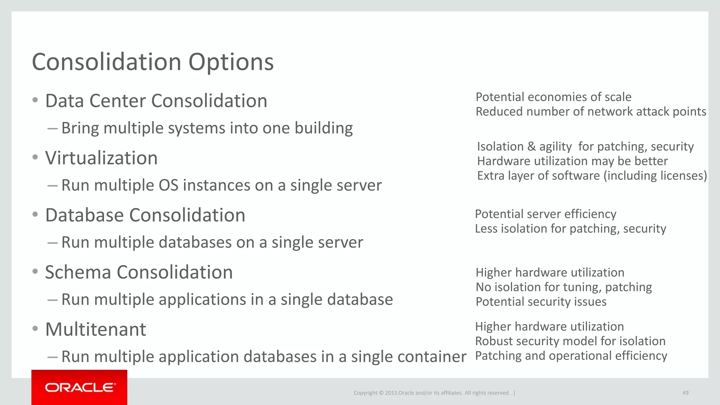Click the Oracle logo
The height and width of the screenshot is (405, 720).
coord(80,387)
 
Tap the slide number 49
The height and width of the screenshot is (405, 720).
coord(685,393)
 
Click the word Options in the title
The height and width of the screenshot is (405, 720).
coord(231,62)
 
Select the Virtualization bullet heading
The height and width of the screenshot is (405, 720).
coord(101,158)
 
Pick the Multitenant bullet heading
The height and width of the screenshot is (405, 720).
coord(96,329)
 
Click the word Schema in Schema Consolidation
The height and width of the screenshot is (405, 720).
coord(78,272)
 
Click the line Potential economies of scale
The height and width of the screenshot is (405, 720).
coord(553,97)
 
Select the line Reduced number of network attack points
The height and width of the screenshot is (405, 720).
coord(591,111)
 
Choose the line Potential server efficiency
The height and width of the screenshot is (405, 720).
coord(545,214)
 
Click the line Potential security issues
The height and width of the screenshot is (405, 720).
coord(541,302)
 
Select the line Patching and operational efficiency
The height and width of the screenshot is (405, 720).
coord(571,356)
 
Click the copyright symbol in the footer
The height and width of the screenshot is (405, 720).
coord(381,393)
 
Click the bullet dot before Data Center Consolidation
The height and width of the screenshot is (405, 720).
coord(35,101)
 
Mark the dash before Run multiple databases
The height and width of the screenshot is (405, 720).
coord(52,243)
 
